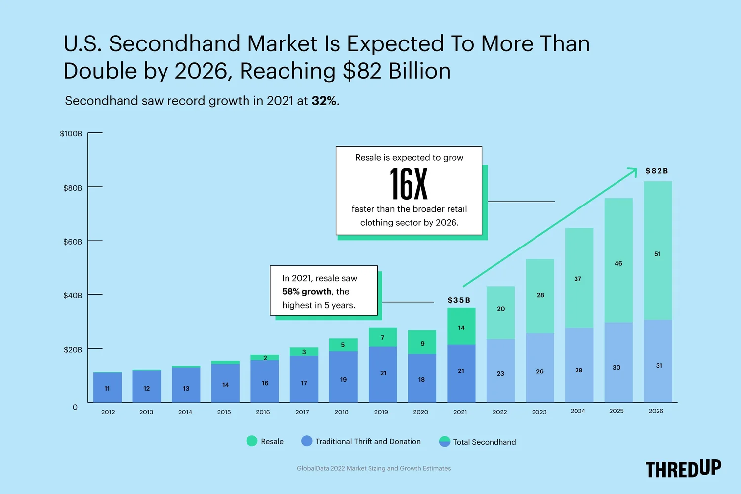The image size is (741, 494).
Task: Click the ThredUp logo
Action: tap(683, 469)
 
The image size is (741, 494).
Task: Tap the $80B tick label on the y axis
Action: tap(73, 188)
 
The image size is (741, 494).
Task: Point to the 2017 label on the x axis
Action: tap(302, 412)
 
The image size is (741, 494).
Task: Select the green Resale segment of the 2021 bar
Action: tap(461, 326)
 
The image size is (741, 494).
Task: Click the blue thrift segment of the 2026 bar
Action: tap(658, 361)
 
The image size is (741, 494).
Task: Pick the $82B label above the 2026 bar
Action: tap(657, 171)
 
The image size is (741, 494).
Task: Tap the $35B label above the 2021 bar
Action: tap(458, 300)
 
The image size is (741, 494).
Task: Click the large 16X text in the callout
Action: tap(409, 184)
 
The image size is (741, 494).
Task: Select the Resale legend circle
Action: tap(252, 441)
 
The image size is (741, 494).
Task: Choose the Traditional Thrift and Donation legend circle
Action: tap(307, 441)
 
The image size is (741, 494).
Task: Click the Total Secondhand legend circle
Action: tap(445, 442)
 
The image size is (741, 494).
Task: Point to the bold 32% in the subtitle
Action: tap(324, 101)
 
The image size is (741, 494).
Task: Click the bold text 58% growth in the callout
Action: tap(306, 291)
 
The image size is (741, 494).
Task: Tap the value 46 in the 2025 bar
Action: tap(618, 263)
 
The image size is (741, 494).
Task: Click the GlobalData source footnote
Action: tap(373, 468)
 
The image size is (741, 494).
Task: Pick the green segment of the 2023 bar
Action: tap(539, 296)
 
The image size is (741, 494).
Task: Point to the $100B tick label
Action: tap(71, 134)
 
